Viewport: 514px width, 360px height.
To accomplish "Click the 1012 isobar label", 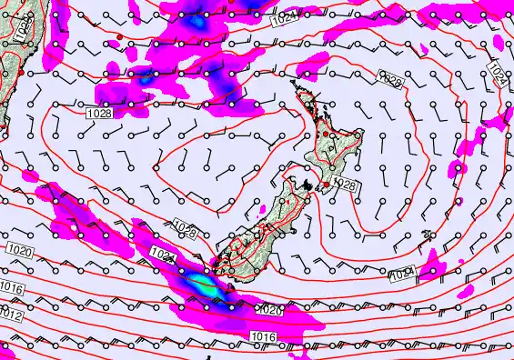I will coord(12,314).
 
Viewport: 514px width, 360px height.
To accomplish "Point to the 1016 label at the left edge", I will coord(11,287).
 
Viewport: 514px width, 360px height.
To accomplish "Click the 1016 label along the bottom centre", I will coord(263,337).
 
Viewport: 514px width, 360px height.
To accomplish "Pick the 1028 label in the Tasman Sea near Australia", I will coord(100,113).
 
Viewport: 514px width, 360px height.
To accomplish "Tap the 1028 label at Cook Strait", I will coord(347,185).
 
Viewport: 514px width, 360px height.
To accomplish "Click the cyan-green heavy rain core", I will coord(204,285).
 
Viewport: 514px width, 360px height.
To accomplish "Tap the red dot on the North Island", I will coord(327,135).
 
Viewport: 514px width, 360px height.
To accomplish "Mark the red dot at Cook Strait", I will coord(327,185).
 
